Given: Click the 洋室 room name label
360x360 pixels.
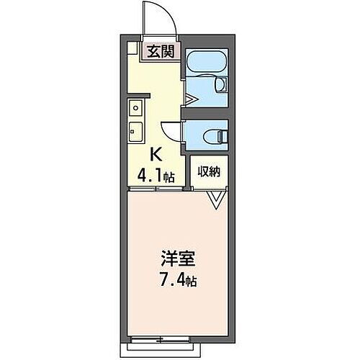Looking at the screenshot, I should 178,257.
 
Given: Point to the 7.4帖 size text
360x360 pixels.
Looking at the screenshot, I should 178,278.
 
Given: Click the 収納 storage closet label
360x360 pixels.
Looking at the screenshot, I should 210,172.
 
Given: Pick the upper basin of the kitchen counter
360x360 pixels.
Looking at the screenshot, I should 135,109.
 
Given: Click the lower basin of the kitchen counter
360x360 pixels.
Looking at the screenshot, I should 135,131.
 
